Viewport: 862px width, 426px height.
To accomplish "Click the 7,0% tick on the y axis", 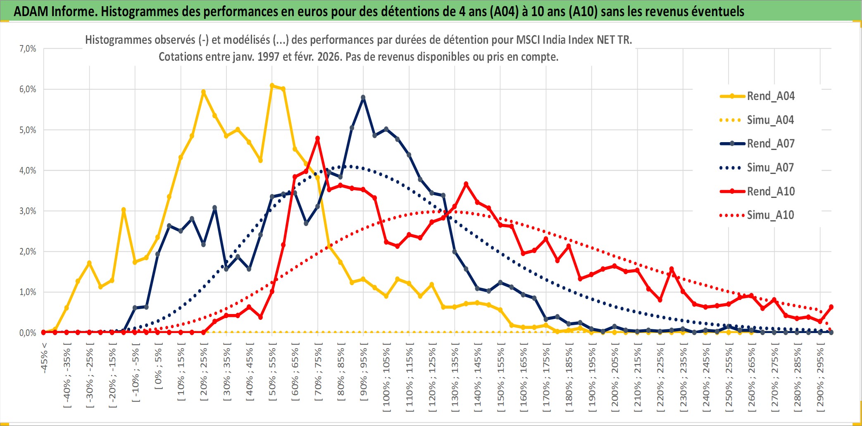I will (28, 49).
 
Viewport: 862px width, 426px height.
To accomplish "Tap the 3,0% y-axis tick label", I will (28, 211).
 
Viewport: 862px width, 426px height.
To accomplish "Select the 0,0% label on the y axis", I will (28, 333).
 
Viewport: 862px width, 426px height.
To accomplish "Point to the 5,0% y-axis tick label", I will (28, 130).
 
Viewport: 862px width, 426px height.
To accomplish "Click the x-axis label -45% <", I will (44, 358).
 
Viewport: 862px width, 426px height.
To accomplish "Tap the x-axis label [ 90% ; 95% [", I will (364, 374).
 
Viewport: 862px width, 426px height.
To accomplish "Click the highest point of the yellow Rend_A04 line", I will (272, 86).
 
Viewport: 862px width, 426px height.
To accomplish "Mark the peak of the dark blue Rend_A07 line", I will (363, 98).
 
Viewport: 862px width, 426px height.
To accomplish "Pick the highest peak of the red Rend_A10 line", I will (317, 138).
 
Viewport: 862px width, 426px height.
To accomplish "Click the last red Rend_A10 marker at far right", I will (831, 307).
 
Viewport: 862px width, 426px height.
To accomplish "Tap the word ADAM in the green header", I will (31, 11).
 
